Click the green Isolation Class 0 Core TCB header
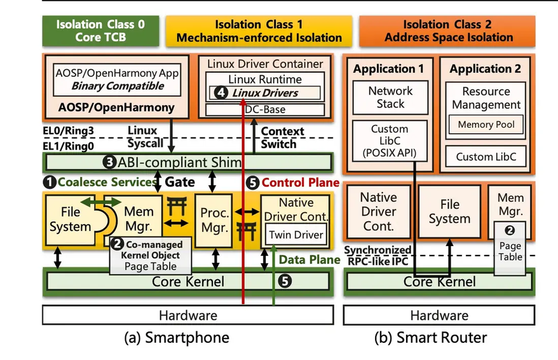(100, 31)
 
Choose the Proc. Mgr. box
(215, 218)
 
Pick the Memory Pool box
(486, 125)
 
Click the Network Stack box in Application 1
(390, 97)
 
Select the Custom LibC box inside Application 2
(486, 156)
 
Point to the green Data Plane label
(302, 260)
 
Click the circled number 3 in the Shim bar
(109, 162)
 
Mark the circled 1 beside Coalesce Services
(49, 183)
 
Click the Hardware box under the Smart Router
(439, 315)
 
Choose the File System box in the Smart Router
(449, 212)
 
